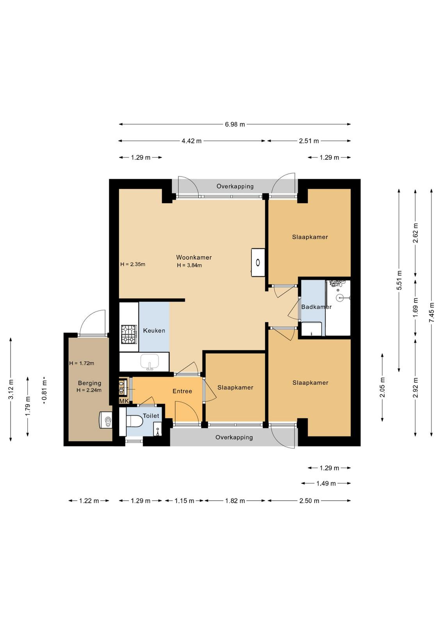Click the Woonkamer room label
194,257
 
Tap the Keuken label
154,330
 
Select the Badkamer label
316,307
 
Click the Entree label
182,391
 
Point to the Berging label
89,383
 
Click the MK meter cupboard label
124,401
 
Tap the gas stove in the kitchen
129,334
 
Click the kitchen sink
150,362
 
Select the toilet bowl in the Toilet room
134,421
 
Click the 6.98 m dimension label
235,125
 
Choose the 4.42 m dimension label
192,141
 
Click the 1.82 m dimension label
235,501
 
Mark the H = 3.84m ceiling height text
189,265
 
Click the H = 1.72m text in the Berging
82,363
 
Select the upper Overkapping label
235,186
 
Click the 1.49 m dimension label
326,484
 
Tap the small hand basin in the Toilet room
158,429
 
